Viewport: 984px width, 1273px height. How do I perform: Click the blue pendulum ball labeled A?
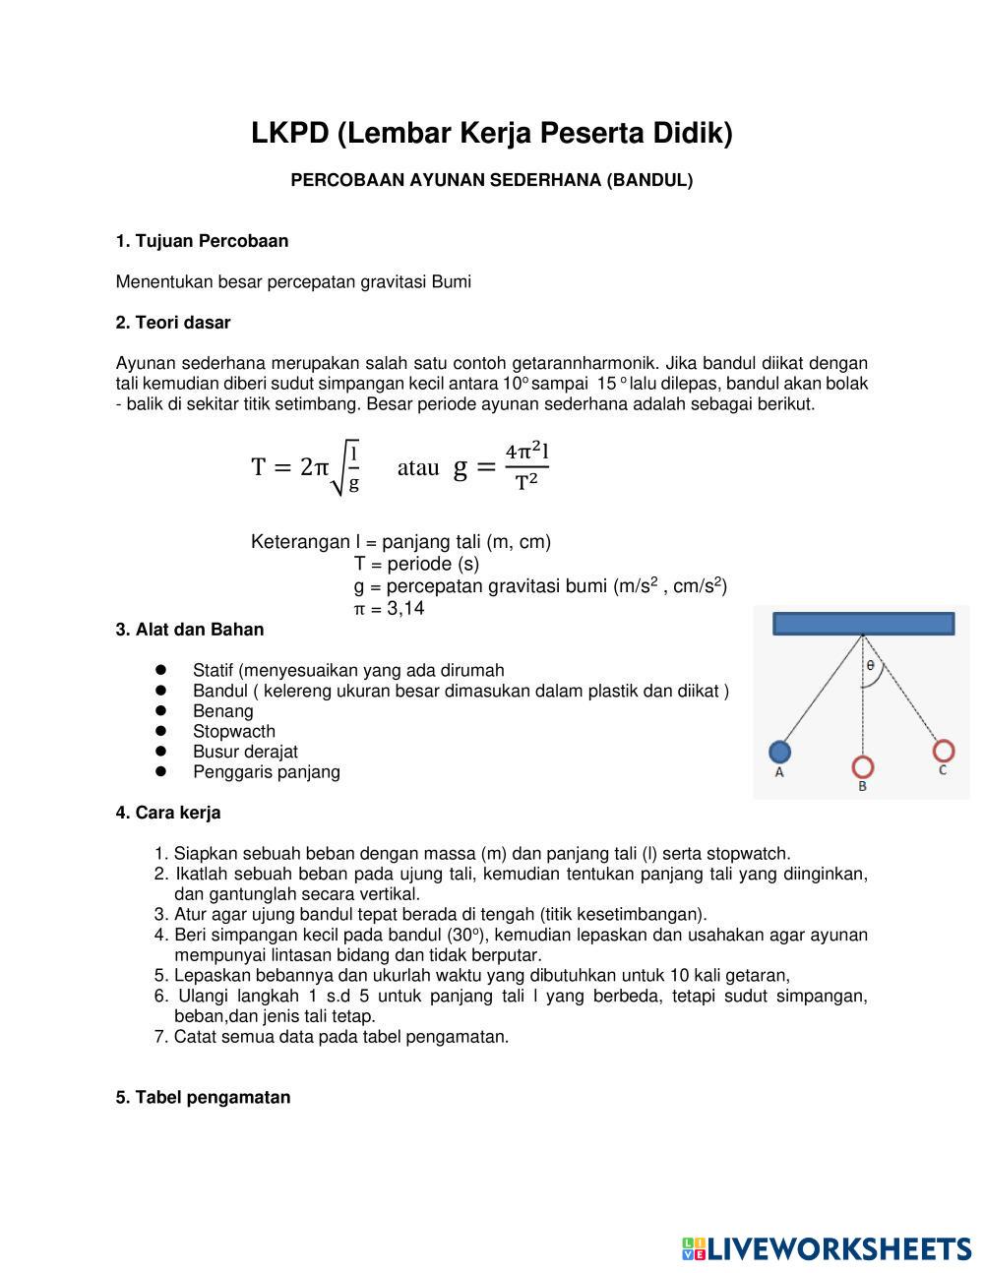coord(779,752)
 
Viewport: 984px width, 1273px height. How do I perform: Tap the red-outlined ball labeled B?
coord(863,766)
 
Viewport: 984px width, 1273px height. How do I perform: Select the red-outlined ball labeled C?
coord(943,752)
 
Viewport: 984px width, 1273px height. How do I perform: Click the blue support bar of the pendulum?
coord(863,624)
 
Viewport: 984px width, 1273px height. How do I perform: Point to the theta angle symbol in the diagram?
coord(871,665)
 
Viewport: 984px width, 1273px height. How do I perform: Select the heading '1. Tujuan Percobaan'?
coord(202,241)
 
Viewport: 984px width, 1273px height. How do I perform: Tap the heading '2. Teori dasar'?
coord(173,323)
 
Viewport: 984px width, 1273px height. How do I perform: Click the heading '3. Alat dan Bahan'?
coord(190,630)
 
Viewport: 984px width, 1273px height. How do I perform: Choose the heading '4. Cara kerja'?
coord(168,813)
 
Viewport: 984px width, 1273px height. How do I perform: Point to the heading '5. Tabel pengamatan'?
coord(203,1097)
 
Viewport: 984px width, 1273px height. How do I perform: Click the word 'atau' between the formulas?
coord(418,468)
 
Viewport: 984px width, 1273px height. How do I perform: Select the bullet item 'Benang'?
coord(223,711)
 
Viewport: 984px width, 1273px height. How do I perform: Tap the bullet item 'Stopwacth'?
coord(234,732)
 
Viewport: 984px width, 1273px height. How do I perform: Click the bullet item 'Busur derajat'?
coord(245,752)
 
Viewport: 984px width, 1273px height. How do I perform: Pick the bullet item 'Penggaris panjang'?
coord(267,772)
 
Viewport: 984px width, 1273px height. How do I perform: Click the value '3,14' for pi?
coord(405,609)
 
